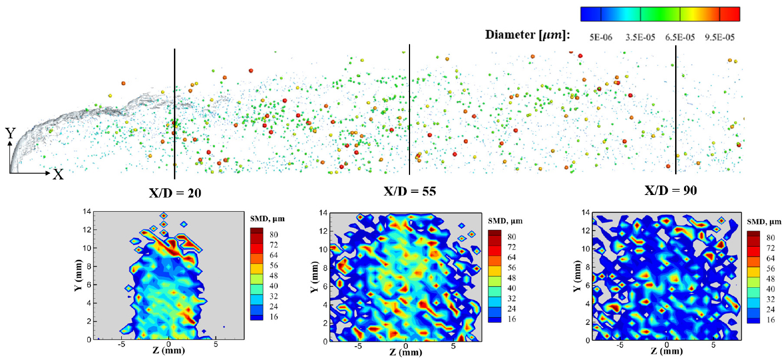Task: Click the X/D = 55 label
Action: click(x=410, y=191)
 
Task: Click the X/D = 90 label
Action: click(x=671, y=190)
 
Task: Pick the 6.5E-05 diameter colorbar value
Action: click(x=681, y=37)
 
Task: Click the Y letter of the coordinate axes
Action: click(x=10, y=133)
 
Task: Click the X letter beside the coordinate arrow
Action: click(x=58, y=174)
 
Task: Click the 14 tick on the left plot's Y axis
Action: click(x=87, y=212)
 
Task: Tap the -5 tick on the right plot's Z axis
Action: click(x=620, y=346)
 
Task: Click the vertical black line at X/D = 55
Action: click(x=410, y=111)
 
